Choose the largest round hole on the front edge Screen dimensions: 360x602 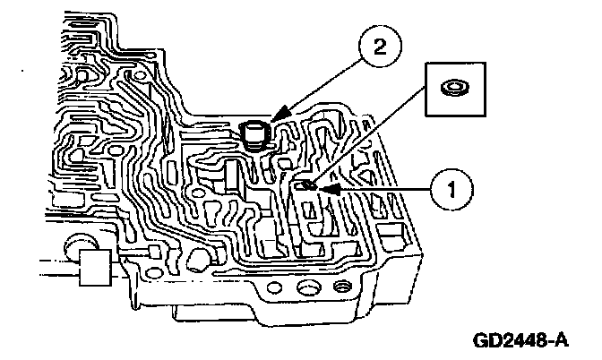(308, 289)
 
